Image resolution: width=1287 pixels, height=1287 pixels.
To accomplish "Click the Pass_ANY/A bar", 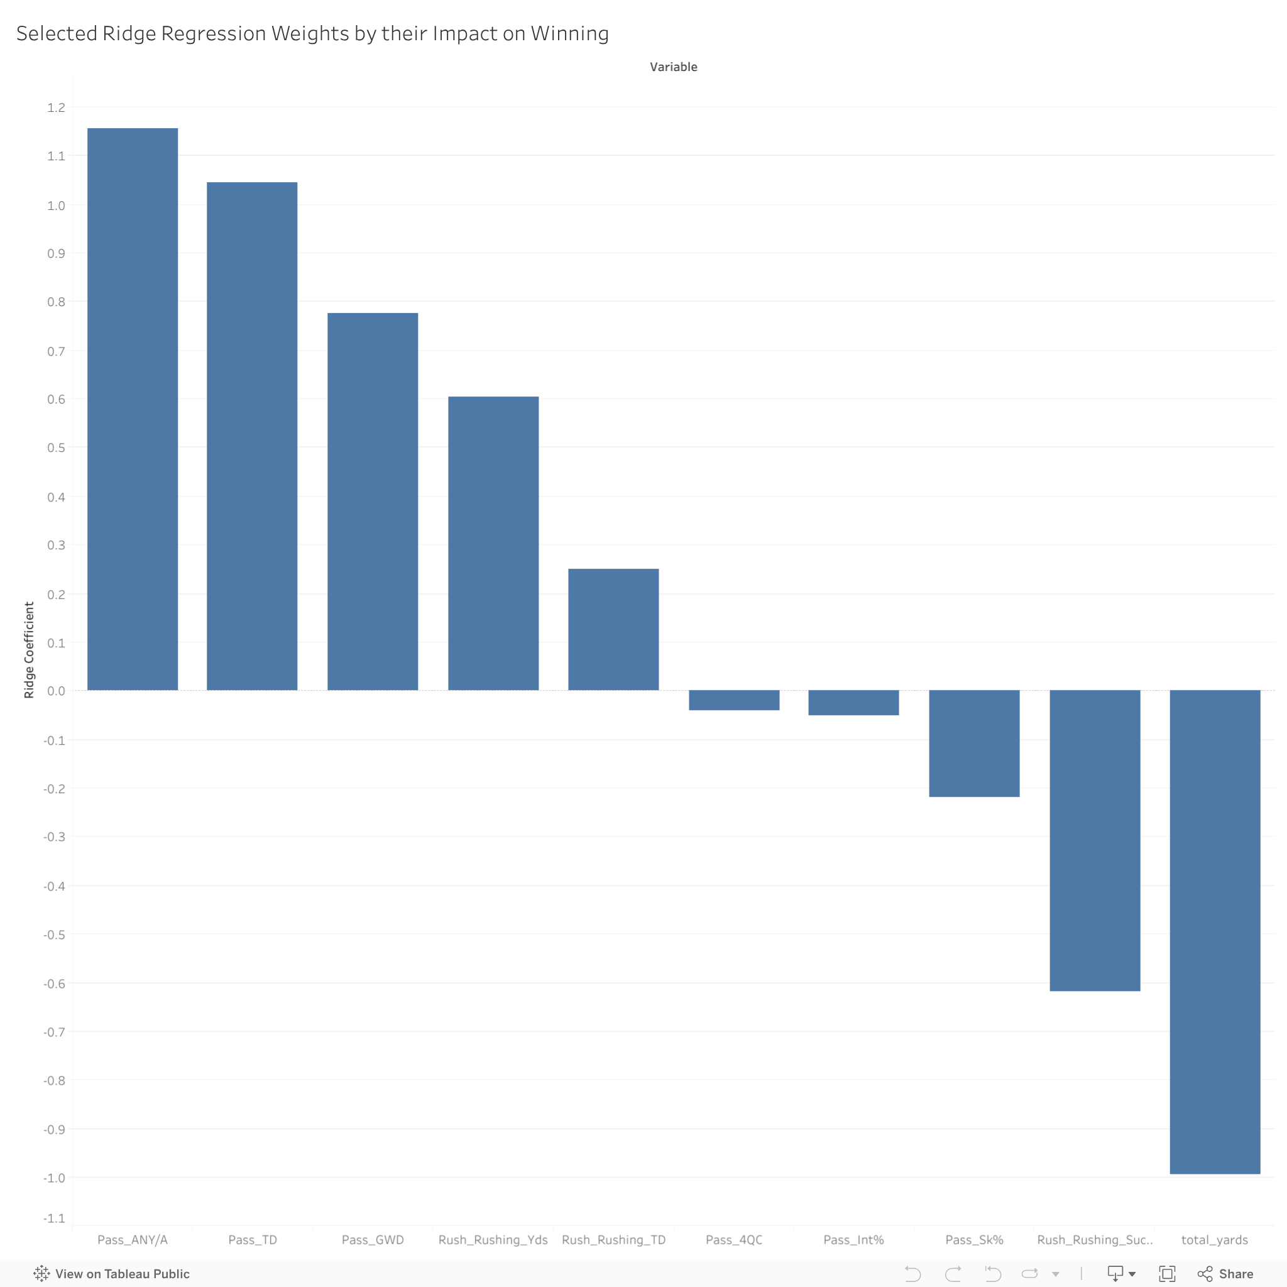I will (133, 409).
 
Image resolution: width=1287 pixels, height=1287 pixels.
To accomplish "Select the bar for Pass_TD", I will (252, 436).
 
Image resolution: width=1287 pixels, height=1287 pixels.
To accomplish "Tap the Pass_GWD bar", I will (373, 501).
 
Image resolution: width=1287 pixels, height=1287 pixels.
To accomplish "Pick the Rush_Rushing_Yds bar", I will (493, 543).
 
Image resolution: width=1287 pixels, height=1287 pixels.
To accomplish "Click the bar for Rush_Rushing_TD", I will (613, 629).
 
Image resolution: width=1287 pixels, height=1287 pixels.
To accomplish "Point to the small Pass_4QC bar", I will (733, 700).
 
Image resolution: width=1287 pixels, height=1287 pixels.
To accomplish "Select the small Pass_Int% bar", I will (853, 703).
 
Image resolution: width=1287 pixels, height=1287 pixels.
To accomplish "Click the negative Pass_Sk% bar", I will (974, 743).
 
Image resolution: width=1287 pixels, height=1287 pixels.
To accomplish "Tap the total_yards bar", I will (1214, 931).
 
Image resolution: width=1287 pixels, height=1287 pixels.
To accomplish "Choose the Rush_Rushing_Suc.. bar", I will (1095, 840).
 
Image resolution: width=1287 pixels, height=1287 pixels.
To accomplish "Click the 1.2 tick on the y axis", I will (56, 107).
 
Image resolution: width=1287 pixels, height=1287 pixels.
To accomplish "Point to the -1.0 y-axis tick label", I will (54, 1178).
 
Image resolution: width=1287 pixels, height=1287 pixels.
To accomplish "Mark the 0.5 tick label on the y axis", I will (56, 447).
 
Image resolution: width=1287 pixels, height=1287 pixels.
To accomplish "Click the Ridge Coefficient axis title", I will (29, 650).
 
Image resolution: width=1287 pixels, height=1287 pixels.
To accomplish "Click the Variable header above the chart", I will (674, 67).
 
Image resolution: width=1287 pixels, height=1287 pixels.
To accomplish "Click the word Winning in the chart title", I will (569, 33).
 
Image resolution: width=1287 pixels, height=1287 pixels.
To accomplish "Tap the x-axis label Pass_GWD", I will (373, 1240).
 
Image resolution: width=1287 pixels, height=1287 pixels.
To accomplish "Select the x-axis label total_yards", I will (1214, 1240).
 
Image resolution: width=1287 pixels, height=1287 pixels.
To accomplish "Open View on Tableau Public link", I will (112, 1274).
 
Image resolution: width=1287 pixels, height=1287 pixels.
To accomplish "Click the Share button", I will (1225, 1274).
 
